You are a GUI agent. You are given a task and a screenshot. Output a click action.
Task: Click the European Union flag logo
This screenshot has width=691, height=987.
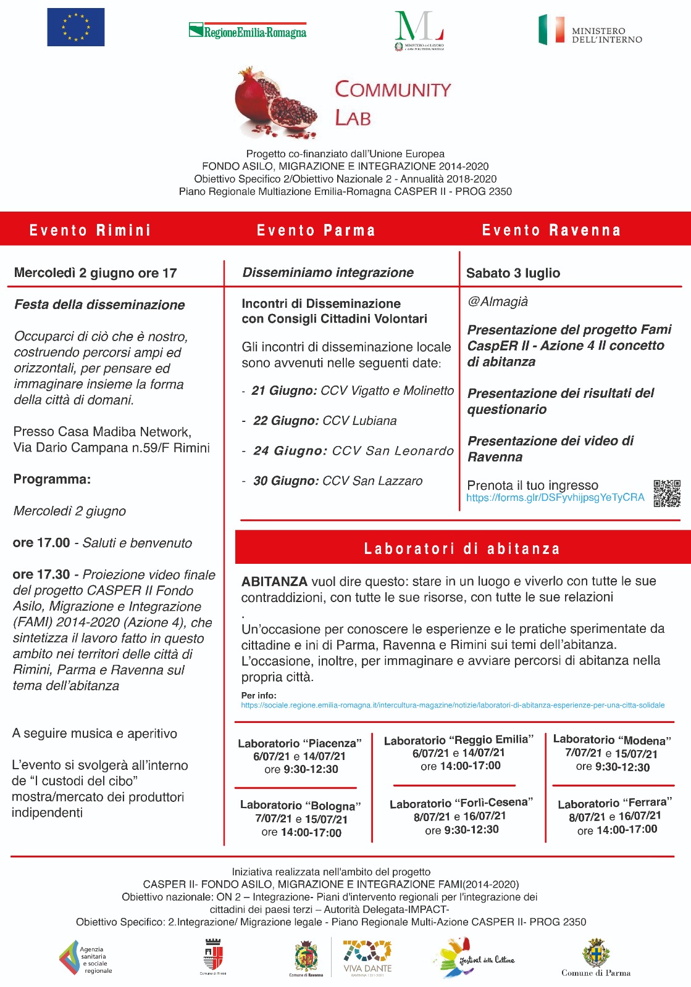tap(76, 27)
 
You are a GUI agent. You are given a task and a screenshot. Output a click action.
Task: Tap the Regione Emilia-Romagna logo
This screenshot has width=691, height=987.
tap(248, 31)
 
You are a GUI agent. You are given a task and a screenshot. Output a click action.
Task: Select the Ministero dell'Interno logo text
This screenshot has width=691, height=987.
tap(606, 35)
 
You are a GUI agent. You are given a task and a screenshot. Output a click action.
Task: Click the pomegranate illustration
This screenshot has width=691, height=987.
tap(274, 102)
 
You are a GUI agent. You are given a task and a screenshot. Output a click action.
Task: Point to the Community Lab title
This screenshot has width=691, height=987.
tap(393, 103)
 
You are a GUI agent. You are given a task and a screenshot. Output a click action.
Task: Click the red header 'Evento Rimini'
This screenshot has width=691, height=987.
tap(90, 230)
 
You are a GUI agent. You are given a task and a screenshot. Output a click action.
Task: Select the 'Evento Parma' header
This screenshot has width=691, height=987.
tap(316, 230)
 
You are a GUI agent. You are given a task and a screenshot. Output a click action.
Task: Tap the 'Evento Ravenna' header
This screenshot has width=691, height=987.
tap(551, 230)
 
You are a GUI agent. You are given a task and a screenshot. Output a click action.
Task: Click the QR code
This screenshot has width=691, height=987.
tap(667, 493)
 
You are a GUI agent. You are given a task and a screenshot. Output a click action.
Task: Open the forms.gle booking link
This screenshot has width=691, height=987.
tap(555, 498)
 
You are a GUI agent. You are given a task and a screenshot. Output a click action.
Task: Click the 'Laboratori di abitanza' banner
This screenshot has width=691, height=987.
tap(463, 548)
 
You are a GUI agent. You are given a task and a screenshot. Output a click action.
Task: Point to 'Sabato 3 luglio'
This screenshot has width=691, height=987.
tap(513, 273)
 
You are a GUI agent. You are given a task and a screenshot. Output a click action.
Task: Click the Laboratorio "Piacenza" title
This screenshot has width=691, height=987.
tap(300, 743)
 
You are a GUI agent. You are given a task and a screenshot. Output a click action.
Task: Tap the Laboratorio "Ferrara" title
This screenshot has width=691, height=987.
tap(612, 803)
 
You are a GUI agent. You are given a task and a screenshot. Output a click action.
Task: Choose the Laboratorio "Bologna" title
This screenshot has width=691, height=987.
tap(300, 806)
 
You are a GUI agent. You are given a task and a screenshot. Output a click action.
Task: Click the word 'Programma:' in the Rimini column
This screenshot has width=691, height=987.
tap(52, 479)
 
